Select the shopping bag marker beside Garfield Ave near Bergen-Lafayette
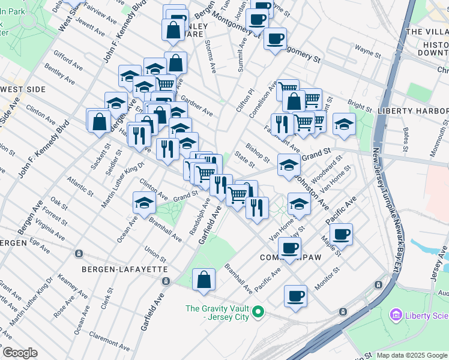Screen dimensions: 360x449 click(x=204, y=280)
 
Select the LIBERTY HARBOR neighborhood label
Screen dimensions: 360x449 click(x=413, y=111)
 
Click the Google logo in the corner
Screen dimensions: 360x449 click(x=20, y=353)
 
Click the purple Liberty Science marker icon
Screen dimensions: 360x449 click(x=396, y=314)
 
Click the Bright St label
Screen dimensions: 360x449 click(x=360, y=106)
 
